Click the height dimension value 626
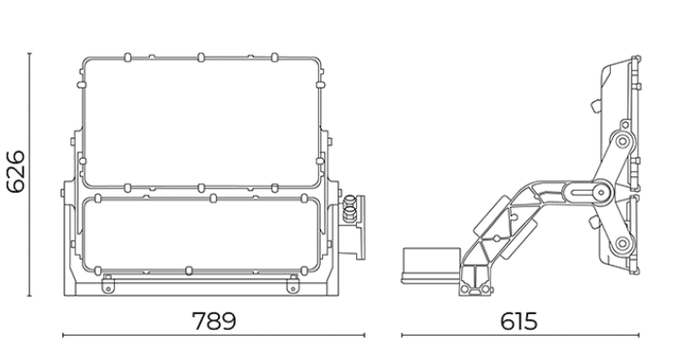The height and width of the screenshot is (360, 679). point(16,171)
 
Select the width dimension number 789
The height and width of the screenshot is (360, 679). point(214,321)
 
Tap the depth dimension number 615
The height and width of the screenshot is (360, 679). point(518,321)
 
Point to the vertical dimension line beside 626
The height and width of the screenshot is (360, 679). point(29,174)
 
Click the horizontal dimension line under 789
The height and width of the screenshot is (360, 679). point(214,335)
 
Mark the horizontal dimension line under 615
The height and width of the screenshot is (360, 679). point(520,335)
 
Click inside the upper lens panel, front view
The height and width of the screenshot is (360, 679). point(201,123)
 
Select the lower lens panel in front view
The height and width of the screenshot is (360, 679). point(201,234)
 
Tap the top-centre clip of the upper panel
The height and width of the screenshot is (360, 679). point(200,57)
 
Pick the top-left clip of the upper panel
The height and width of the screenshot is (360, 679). point(127,57)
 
